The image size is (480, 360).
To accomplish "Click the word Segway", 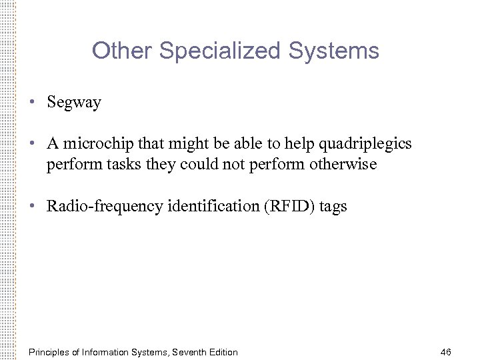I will (73, 102).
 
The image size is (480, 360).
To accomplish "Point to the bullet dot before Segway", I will (31, 102).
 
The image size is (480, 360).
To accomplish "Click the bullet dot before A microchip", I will (31, 144).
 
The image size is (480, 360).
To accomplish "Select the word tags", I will (333, 207).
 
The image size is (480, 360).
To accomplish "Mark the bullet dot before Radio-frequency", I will (31, 206).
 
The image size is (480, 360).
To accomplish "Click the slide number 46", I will (446, 351).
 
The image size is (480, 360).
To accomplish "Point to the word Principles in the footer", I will (51, 351).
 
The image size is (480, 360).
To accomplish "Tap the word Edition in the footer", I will (222, 351).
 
